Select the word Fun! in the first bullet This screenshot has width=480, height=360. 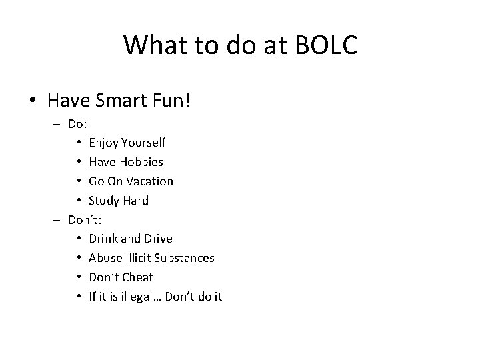[175, 101]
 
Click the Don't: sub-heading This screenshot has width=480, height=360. [85, 219]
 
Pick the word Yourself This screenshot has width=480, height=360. [142, 143]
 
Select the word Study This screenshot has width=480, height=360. [103, 201]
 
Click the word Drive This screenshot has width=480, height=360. [157, 239]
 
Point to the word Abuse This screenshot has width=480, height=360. [104, 258]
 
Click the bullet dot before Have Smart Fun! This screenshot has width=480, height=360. [32, 101]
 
